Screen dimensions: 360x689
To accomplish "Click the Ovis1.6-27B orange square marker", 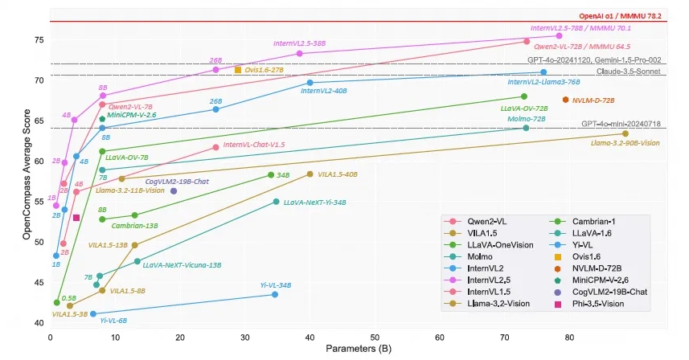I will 238,70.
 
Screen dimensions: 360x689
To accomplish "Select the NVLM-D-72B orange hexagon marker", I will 566,100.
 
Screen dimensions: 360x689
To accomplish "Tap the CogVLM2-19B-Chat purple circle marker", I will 174,191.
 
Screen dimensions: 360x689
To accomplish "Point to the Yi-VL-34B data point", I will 275,295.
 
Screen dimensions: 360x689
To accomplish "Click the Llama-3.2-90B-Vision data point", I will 625,133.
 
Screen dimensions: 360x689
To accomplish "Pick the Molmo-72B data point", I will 526,128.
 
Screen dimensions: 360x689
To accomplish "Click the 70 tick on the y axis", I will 40,80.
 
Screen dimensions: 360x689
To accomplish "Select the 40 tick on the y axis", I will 40,323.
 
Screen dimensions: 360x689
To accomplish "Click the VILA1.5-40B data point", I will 310,174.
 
